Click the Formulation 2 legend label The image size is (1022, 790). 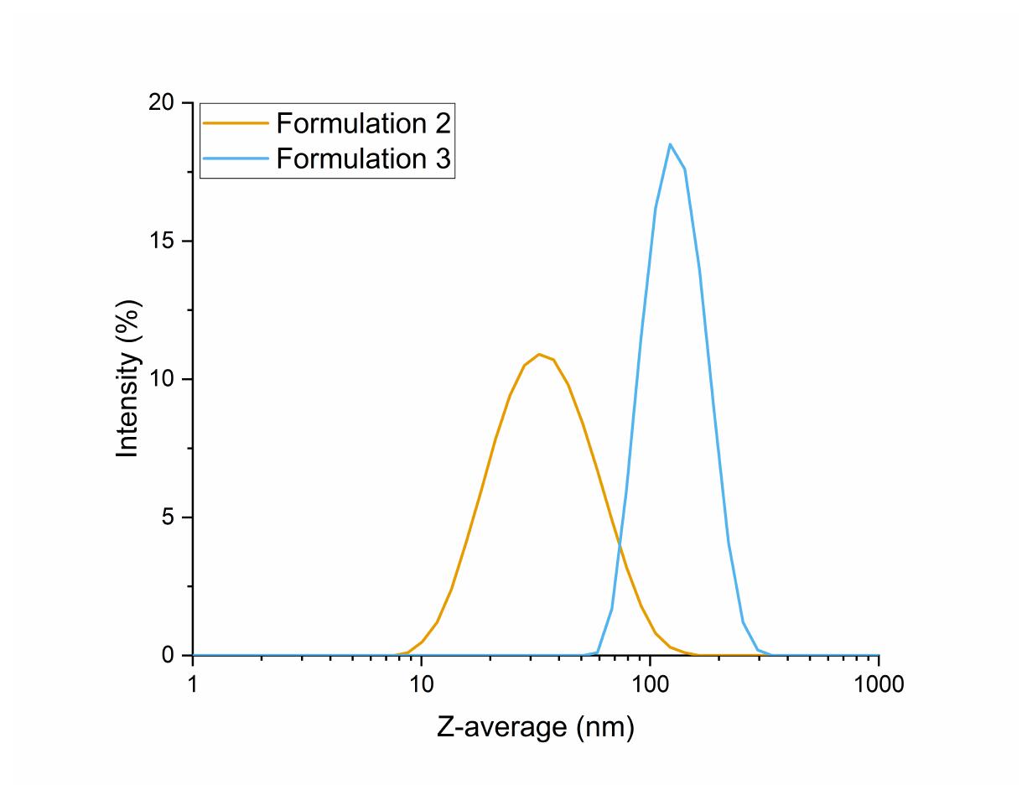pyautogui.click(x=364, y=124)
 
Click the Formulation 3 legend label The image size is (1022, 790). pyautogui.click(x=364, y=159)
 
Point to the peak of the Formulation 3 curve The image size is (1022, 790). pyautogui.click(x=670, y=144)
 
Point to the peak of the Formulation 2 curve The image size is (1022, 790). pyautogui.click(x=539, y=354)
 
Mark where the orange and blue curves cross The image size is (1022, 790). pyautogui.click(x=620, y=547)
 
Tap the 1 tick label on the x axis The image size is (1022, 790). pyautogui.click(x=193, y=685)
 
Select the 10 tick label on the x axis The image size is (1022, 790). pyautogui.click(x=422, y=685)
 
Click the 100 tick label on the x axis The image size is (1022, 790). pyautogui.click(x=650, y=685)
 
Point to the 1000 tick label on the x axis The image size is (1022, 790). pyautogui.click(x=878, y=685)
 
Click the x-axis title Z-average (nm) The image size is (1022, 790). pyautogui.click(x=535, y=727)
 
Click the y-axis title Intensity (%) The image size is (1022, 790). pyautogui.click(x=128, y=378)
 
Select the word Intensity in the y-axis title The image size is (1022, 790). pyautogui.click(x=128, y=404)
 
